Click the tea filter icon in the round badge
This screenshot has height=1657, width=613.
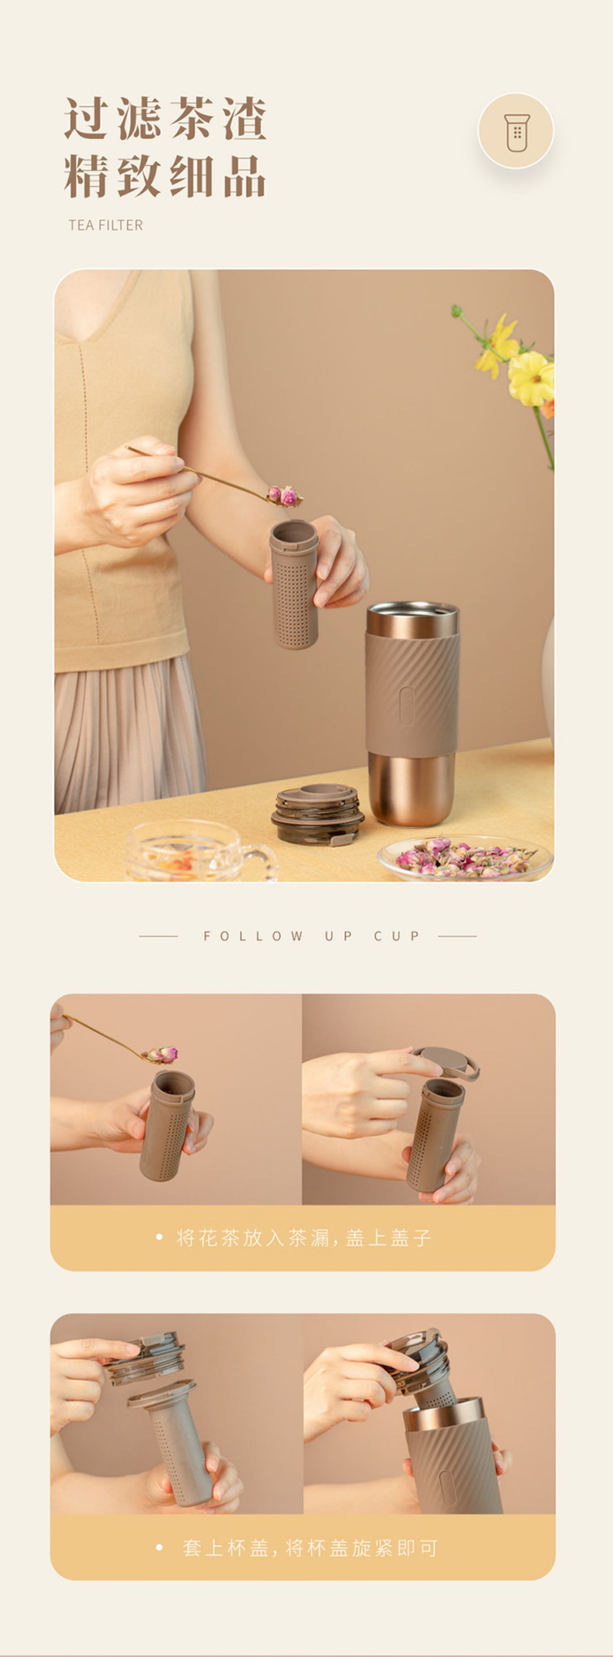click(x=516, y=132)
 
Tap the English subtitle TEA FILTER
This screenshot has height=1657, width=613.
click(x=105, y=225)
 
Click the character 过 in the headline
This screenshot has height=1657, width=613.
click(x=87, y=119)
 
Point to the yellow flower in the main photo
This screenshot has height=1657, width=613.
click(x=531, y=378)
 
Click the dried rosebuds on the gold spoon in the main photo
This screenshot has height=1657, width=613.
click(x=284, y=495)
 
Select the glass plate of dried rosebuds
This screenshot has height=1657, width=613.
click(x=465, y=858)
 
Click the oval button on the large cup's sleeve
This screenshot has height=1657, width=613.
click(x=406, y=705)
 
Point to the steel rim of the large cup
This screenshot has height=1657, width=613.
click(x=412, y=619)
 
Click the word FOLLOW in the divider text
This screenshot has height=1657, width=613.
click(x=253, y=936)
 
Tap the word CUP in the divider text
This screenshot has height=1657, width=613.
click(x=397, y=936)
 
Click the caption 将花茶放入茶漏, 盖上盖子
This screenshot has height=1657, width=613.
click(x=304, y=1238)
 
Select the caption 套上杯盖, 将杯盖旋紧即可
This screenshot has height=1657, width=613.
click(x=310, y=1547)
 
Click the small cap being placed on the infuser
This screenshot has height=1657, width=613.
click(x=445, y=1063)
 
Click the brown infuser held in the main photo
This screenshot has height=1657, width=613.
click(x=294, y=584)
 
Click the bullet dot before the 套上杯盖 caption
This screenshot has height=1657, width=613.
click(x=159, y=1547)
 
